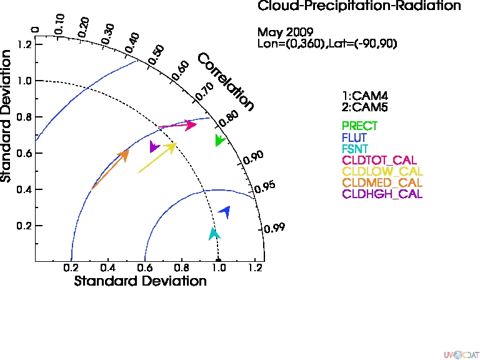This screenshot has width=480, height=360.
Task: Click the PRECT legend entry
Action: click(x=359, y=126)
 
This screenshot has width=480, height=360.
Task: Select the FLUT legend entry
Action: click(x=354, y=137)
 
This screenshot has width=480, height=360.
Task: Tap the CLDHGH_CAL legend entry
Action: click(x=382, y=194)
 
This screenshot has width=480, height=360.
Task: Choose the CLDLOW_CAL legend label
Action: click(x=382, y=171)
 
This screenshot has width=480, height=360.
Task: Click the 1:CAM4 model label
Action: click(x=365, y=96)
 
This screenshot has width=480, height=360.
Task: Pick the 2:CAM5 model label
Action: click(x=365, y=107)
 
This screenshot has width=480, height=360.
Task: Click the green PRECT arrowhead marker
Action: click(x=219, y=140)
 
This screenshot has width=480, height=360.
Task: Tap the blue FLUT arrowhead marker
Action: click(x=225, y=211)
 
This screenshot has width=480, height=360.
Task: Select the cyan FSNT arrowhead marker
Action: click(x=214, y=234)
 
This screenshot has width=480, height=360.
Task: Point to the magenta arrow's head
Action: click(x=191, y=124)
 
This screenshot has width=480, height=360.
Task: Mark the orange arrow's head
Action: click(x=124, y=155)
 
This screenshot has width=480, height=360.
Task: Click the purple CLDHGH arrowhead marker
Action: click(x=154, y=146)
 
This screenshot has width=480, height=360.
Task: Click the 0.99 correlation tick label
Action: click(x=274, y=227)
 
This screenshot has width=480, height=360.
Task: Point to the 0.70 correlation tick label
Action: click(x=204, y=91)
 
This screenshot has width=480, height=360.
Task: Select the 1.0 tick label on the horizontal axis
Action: click(x=219, y=268)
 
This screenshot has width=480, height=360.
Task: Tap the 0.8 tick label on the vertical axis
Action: click(x=25, y=117)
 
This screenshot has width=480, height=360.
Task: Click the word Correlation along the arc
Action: click(x=226, y=82)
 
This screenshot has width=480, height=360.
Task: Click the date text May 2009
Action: click(x=285, y=32)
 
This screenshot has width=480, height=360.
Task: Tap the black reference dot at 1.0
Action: click(x=218, y=261)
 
